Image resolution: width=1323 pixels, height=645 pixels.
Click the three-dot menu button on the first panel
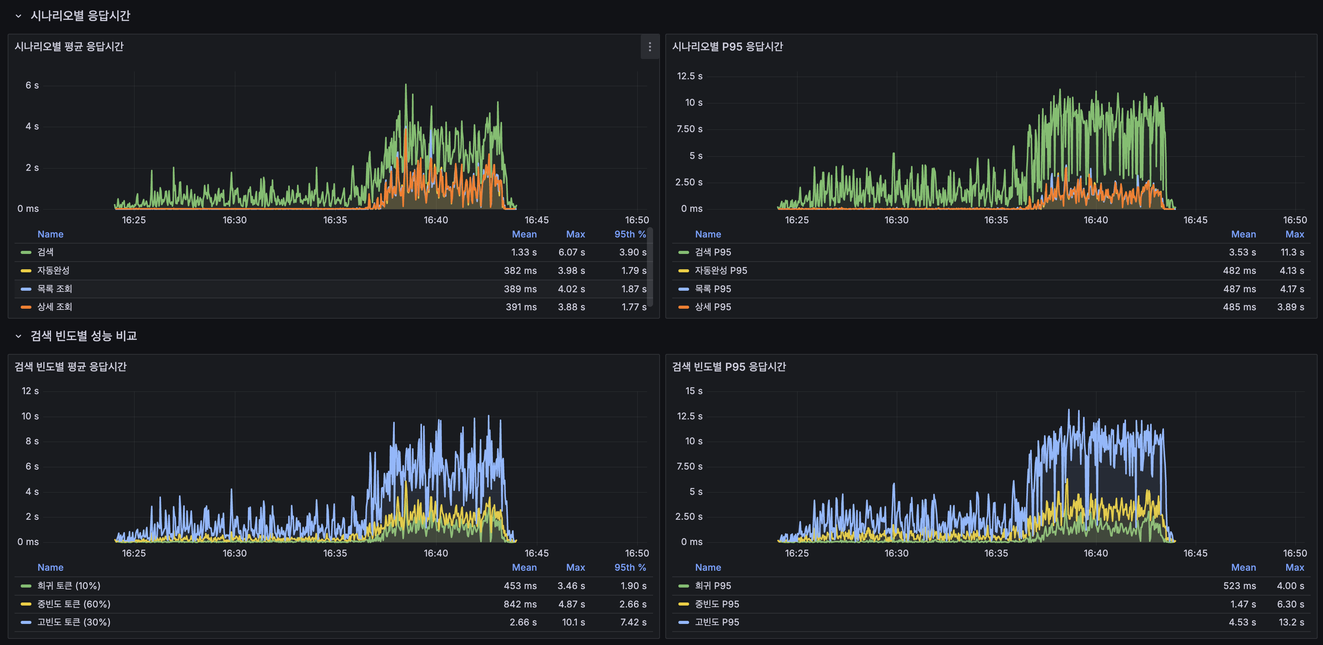point(650,47)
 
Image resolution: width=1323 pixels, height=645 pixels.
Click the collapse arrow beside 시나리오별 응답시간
point(18,16)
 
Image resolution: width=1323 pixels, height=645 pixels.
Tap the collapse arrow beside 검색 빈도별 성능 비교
point(18,336)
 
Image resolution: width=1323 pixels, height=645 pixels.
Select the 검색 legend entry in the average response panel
point(45,252)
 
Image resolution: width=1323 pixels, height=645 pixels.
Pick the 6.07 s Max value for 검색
point(571,252)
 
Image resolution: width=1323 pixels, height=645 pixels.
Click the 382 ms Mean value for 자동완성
point(520,270)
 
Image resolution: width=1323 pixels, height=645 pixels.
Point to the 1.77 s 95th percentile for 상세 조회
point(633,307)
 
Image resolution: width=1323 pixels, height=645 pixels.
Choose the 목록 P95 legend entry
point(712,289)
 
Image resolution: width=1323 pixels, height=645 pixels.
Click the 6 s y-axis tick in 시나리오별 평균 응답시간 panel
point(32,85)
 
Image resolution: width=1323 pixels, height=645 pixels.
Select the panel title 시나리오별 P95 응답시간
point(727,47)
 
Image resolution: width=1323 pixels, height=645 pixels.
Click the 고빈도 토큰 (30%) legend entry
point(74,622)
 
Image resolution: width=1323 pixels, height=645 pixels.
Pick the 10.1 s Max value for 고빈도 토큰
point(573,622)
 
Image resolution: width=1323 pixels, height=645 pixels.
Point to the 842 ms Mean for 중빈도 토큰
point(520,604)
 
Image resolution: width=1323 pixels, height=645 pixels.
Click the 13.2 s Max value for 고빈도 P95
point(1291,622)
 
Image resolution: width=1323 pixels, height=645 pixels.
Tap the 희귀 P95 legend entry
point(712,586)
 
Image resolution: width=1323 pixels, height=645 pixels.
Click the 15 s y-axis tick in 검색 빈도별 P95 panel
point(693,391)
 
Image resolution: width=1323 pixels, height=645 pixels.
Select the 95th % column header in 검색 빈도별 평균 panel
point(630,568)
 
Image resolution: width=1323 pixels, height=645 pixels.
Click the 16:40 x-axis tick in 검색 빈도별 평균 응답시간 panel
point(435,553)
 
